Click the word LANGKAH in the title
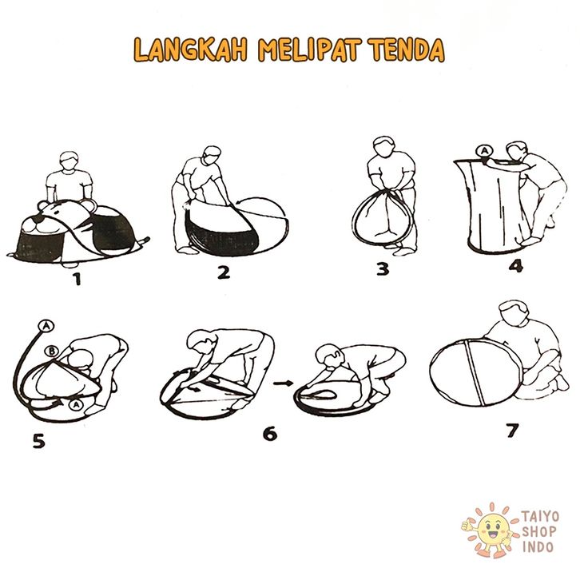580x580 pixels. pyautogui.click(x=190, y=50)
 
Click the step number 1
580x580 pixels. pyautogui.click(x=77, y=279)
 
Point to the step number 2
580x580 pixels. pyautogui.click(x=224, y=272)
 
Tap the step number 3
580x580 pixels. pyautogui.click(x=383, y=269)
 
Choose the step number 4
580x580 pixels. pyautogui.click(x=516, y=265)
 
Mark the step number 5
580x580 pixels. pyautogui.click(x=38, y=441)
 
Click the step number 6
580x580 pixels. pyautogui.click(x=270, y=434)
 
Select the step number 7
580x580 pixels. pyautogui.click(x=512, y=430)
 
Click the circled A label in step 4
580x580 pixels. pyautogui.click(x=484, y=151)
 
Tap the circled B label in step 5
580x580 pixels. pyautogui.click(x=52, y=351)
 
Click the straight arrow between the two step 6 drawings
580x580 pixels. pyautogui.click(x=283, y=383)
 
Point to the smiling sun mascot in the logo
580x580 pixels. pyautogui.click(x=491, y=530)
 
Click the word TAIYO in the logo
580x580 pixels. pyautogui.click(x=540, y=516)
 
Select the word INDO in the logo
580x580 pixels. pyautogui.click(x=538, y=547)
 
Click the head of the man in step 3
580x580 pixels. pyautogui.click(x=385, y=146)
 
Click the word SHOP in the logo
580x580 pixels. pyautogui.click(x=539, y=531)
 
